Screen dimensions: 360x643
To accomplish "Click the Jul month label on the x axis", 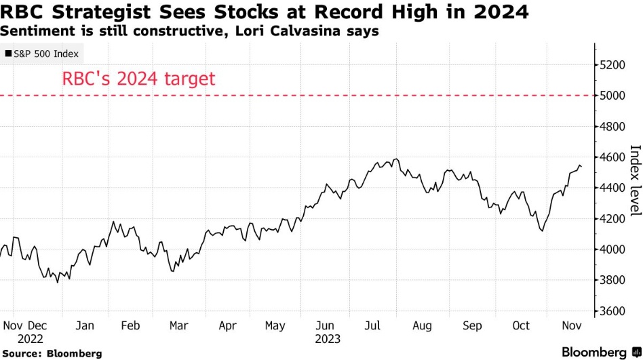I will (374, 325).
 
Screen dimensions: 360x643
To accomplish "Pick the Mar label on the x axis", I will (178, 325).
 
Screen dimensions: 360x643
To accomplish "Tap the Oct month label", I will (520, 325).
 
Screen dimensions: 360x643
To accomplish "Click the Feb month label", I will (130, 325).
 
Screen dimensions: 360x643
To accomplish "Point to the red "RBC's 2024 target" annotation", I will (138, 79).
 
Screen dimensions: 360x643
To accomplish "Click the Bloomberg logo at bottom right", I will (595, 352).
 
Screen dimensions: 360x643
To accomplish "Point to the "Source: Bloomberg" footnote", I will (52, 353).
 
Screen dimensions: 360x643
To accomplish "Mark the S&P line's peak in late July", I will (396, 159).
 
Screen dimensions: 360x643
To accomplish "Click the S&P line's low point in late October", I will (541, 231).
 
